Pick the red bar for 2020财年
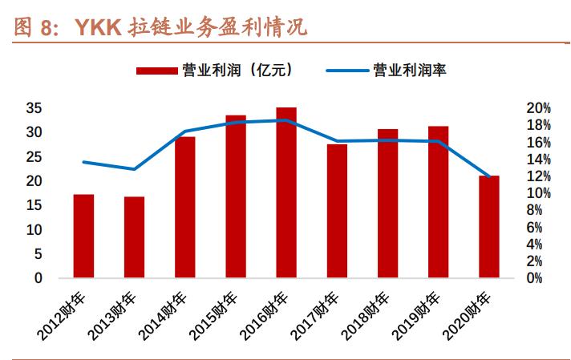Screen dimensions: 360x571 (488, 227)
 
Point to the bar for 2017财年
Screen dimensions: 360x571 (337, 211)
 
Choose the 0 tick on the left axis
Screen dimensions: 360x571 (38, 278)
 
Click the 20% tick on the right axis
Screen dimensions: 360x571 (539, 107)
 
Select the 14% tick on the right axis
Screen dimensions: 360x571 (539, 159)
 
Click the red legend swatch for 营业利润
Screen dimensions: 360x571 (157, 71)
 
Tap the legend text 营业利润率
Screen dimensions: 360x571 (410, 71)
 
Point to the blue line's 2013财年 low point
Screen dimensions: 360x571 (134, 169)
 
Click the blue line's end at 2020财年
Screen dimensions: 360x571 (488, 176)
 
